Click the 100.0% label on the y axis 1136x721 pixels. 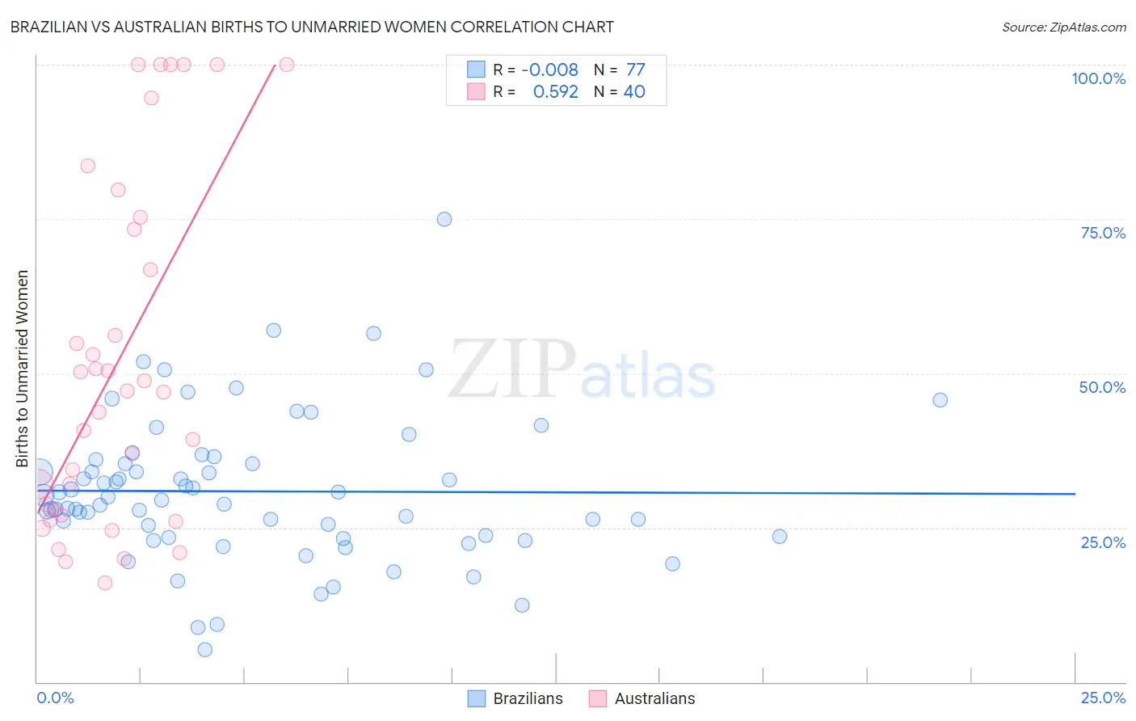click(1098, 78)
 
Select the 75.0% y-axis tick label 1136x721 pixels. click(1103, 233)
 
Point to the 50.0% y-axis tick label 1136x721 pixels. click(1102, 387)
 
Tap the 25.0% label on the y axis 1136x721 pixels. click(1103, 542)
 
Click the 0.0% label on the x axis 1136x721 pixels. click(55, 698)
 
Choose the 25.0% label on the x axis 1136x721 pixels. click(1103, 698)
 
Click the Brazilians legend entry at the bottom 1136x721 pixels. click(528, 698)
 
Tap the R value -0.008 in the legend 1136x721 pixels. click(549, 70)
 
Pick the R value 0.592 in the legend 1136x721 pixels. click(555, 92)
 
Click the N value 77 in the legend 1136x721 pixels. click(635, 70)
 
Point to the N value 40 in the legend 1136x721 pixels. click(634, 92)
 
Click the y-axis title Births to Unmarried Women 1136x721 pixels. click(22, 369)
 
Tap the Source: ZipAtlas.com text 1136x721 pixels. click(1063, 27)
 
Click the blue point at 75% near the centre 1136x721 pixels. click(444, 219)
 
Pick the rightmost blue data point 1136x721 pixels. click(940, 400)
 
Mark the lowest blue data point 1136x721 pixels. click(205, 650)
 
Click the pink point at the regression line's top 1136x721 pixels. click(286, 65)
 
